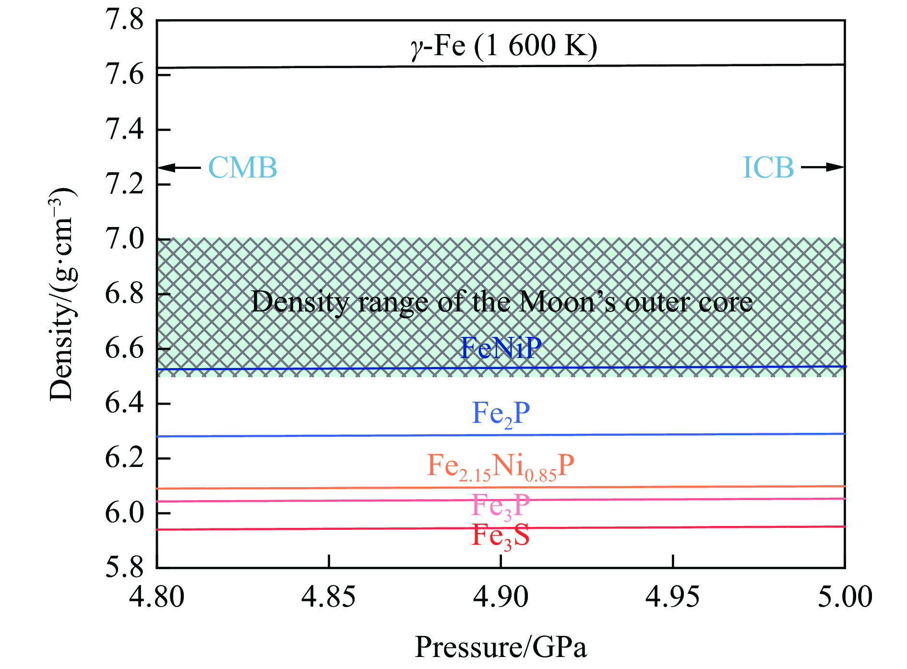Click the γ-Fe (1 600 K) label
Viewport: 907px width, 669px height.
(503, 47)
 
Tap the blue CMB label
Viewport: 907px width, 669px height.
(242, 167)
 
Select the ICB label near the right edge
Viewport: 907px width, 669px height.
(768, 167)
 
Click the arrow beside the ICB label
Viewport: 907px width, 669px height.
(822, 167)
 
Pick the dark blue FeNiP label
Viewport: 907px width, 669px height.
(501, 347)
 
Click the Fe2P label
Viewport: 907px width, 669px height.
(501, 413)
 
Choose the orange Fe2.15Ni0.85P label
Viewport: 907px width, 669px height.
(501, 466)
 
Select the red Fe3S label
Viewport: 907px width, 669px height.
(501, 536)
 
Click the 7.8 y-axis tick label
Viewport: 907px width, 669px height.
(124, 20)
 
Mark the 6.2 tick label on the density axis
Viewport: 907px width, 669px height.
(124, 458)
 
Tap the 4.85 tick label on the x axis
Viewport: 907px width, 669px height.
(328, 597)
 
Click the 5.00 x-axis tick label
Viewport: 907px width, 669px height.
(845, 597)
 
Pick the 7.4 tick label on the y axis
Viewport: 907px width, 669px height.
(124, 130)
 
